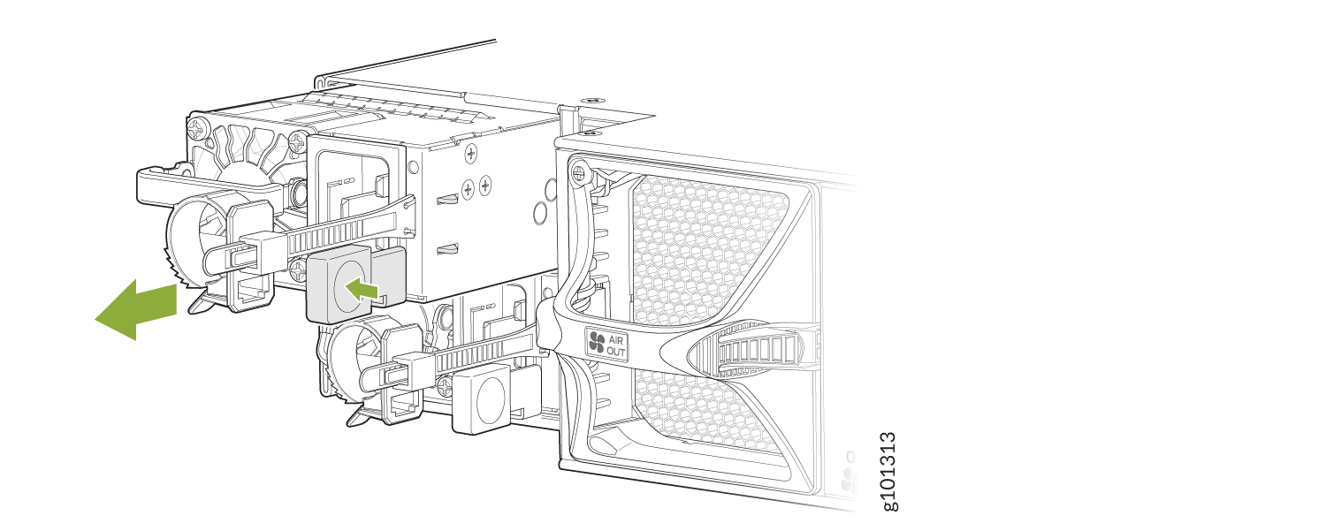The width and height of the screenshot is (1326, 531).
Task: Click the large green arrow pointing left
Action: pyautogui.click(x=137, y=309)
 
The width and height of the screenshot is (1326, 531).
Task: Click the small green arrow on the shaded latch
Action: pyautogui.click(x=362, y=290)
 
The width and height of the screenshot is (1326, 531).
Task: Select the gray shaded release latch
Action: pyautogui.click(x=355, y=284)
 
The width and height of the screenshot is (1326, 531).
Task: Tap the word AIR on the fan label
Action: pyautogui.click(x=615, y=340)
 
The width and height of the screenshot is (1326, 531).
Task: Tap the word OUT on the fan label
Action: pyautogui.click(x=615, y=351)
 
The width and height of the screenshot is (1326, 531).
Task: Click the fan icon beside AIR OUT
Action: pyautogui.click(x=597, y=342)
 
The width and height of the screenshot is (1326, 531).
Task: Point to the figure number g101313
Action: pyautogui.click(x=889, y=471)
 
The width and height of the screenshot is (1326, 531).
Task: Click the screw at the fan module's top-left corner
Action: pyautogui.click(x=578, y=173)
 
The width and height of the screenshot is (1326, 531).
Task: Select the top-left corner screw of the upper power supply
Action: pyautogui.click(x=196, y=127)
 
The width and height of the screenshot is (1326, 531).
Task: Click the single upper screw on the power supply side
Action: pyautogui.click(x=470, y=154)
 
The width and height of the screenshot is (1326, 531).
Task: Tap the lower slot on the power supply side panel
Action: pyautogui.click(x=447, y=249)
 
